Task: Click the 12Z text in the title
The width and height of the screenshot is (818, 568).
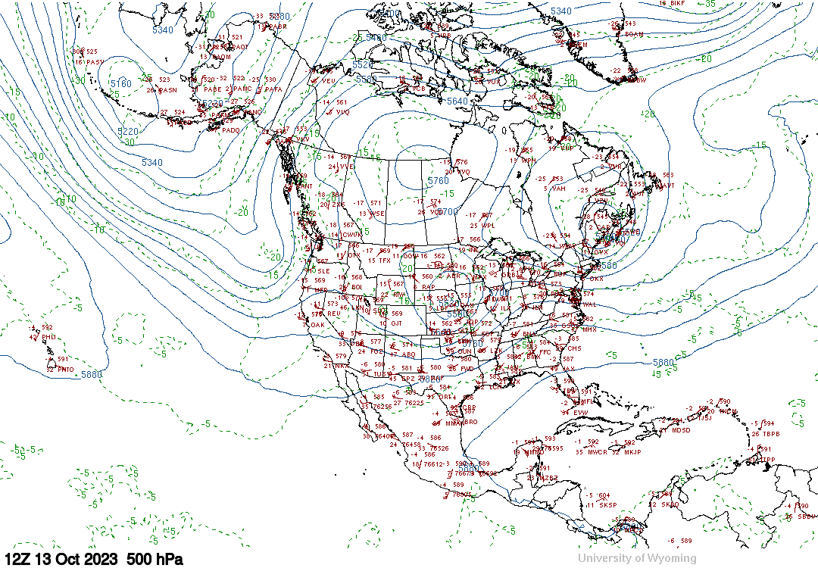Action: [17, 559]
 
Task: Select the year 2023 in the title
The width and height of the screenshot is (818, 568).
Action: [100, 559]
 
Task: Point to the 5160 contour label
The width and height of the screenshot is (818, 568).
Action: [120, 84]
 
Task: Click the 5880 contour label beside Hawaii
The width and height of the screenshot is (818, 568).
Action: [92, 374]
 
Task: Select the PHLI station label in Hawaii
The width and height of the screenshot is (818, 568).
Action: [48, 337]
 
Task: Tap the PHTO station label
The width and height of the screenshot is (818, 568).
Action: [65, 370]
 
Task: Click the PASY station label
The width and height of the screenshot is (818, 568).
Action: [95, 62]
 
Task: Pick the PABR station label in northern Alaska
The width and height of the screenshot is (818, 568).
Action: [278, 27]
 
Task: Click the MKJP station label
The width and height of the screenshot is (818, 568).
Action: [632, 452]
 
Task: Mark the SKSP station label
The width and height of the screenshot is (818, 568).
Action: [608, 505]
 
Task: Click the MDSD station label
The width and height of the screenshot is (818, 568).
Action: [681, 430]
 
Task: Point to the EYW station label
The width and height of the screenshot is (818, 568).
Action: [580, 412]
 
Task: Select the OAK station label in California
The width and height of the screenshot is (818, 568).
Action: [318, 325]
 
